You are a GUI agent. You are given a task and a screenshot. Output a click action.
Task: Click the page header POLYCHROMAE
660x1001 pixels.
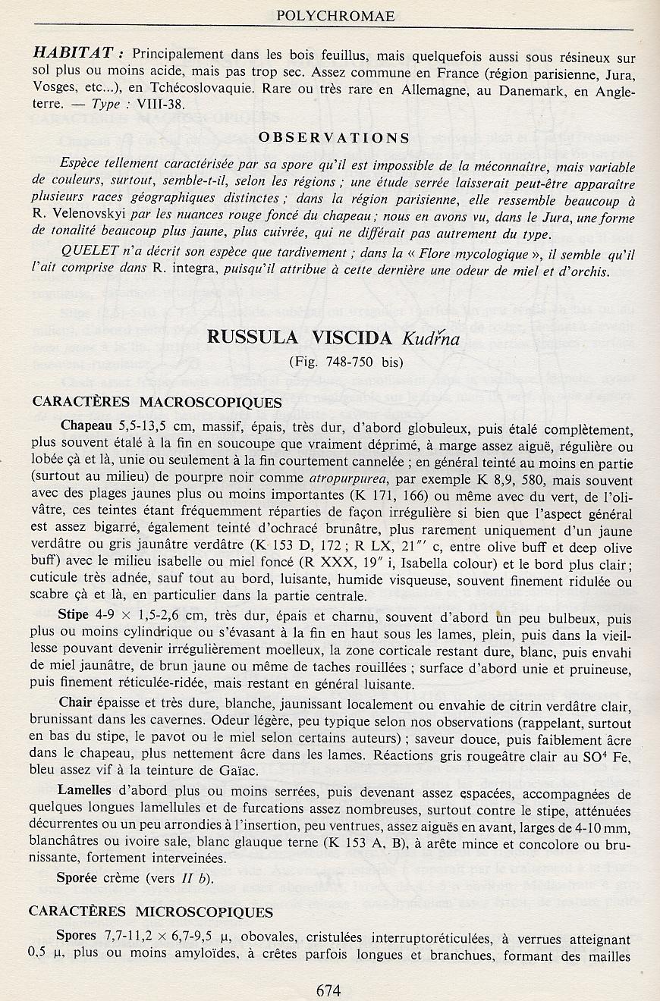(x=330, y=15)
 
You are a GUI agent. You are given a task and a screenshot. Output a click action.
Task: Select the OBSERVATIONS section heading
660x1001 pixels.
(x=334, y=138)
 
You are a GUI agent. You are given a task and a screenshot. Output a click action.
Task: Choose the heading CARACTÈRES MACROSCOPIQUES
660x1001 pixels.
(x=157, y=402)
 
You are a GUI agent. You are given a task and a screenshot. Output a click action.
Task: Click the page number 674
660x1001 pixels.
(x=329, y=989)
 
